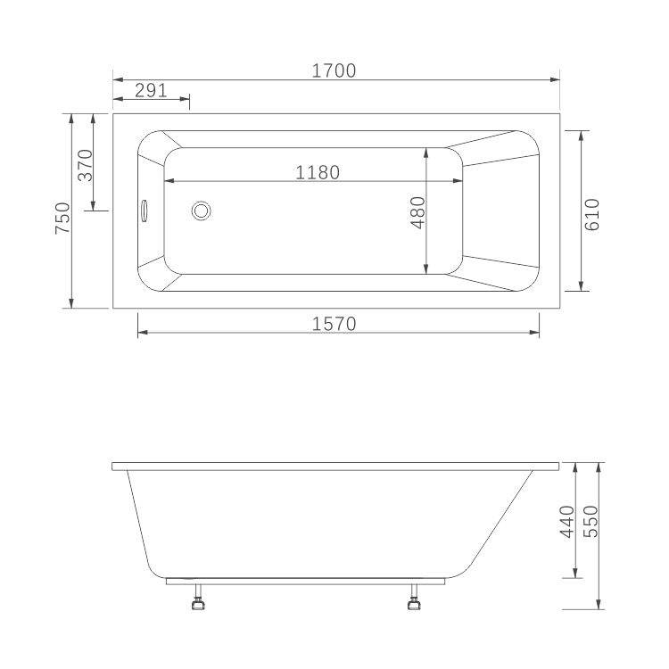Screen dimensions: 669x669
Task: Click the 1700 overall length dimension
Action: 334,70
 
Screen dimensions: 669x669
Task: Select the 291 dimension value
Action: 151,90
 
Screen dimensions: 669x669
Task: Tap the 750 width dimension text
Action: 62,218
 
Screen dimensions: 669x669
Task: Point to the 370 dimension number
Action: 86,165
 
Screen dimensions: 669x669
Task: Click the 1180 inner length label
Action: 318,173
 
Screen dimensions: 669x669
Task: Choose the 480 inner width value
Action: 418,212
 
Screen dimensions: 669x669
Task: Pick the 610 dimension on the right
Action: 591,215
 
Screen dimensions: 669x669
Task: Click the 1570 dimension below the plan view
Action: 334,325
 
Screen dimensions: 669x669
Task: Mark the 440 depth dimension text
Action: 567,522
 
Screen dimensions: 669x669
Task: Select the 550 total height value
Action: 591,522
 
